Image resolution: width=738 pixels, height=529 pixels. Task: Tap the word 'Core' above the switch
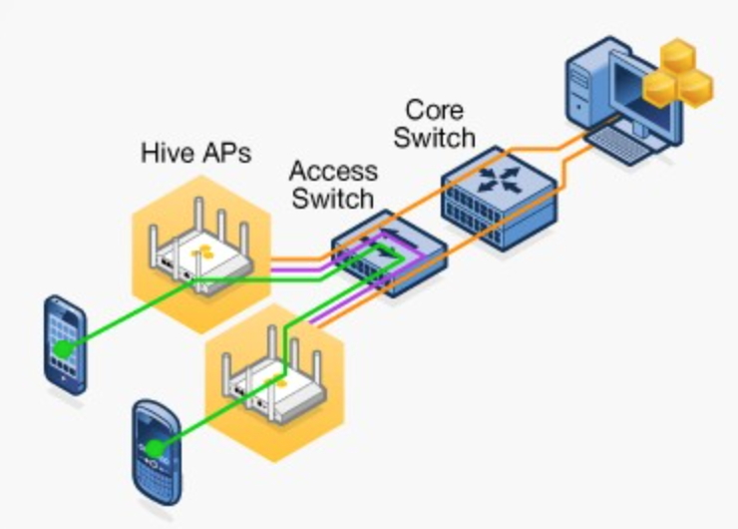coord(433,109)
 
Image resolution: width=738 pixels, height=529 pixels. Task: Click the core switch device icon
coord(500,201)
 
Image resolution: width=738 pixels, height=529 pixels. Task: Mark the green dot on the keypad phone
coord(156,447)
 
